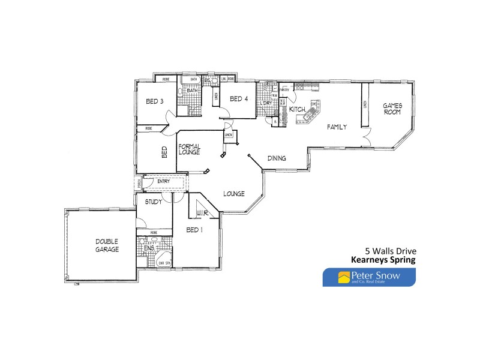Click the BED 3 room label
[x=155, y=101]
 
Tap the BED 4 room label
[x=239, y=99]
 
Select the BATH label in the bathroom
[x=192, y=90]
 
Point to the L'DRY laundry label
[x=266, y=103]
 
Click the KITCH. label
[x=298, y=110]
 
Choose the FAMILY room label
[x=337, y=127]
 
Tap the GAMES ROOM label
[x=392, y=109]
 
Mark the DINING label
[x=277, y=158]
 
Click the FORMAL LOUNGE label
[x=189, y=149]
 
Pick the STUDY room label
[x=154, y=202]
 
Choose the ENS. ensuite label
[x=149, y=248]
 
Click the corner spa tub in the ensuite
[x=164, y=261]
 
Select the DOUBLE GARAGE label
[x=107, y=245]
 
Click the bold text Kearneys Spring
[x=383, y=260]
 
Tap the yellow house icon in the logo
[x=344, y=277]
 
